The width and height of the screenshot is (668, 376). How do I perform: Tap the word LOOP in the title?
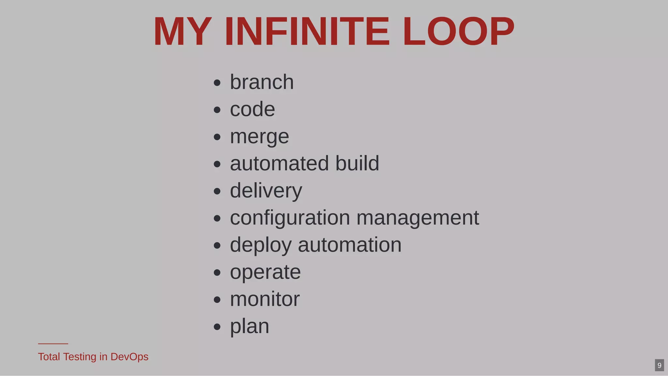tap(458, 32)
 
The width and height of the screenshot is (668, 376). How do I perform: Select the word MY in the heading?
tap(182, 32)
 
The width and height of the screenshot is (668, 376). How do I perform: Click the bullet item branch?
tap(262, 82)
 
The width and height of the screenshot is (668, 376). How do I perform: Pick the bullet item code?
tap(252, 109)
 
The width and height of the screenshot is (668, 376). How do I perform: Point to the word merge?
tap(259, 136)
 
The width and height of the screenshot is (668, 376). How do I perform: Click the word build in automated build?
tap(357, 163)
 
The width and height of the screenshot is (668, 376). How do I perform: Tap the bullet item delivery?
tap(266, 191)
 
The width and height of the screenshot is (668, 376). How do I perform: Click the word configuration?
tap(290, 218)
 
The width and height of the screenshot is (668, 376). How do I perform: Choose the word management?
tap(418, 218)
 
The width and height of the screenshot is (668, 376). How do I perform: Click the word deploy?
tap(261, 245)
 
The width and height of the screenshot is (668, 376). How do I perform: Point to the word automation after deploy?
tap(350, 245)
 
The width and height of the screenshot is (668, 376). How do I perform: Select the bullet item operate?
tap(265, 272)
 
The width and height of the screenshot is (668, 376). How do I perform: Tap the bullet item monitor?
tap(265, 299)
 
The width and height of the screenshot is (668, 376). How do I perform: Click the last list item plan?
tap(250, 326)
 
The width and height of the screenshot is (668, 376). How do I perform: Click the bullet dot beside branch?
tap(217, 83)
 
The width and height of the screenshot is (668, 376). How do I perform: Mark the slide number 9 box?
tap(659, 365)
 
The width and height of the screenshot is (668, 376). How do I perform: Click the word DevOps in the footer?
tap(129, 357)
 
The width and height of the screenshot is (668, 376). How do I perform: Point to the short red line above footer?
tap(53, 344)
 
